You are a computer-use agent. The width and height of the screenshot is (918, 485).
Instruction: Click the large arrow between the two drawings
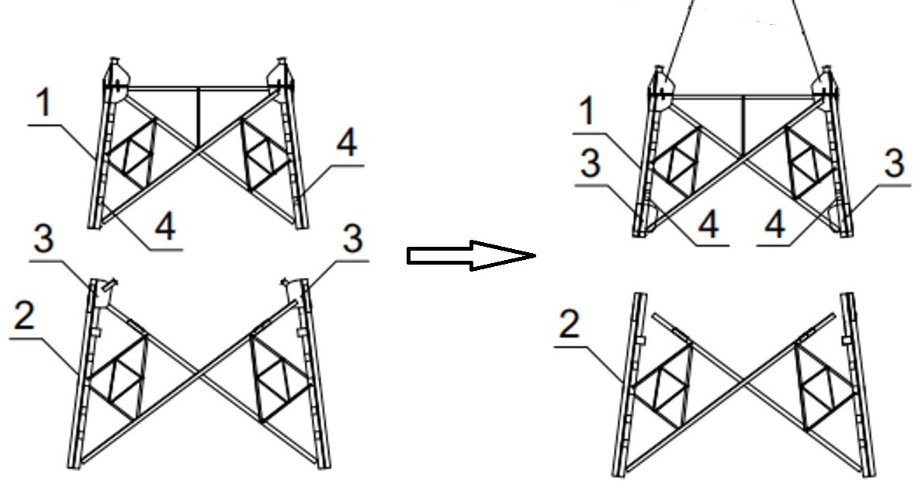click(x=471, y=255)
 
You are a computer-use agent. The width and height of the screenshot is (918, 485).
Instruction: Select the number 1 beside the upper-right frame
click(x=588, y=111)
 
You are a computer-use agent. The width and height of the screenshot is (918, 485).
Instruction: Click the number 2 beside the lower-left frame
click(x=24, y=317)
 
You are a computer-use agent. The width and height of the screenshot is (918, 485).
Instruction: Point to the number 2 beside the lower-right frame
click(x=570, y=324)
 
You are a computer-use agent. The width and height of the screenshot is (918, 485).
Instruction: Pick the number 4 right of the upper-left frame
click(x=347, y=142)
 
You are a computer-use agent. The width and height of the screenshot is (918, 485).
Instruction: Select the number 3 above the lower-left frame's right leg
click(x=352, y=239)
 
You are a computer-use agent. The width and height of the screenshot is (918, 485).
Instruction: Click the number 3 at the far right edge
click(x=894, y=164)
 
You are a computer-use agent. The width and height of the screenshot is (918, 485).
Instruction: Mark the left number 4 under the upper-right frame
click(x=708, y=224)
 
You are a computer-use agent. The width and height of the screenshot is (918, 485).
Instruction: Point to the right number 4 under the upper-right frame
click(x=775, y=224)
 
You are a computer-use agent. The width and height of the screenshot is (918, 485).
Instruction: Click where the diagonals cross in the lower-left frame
click(x=199, y=376)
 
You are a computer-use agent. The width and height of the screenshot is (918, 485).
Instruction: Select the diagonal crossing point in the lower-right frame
click(x=743, y=380)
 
